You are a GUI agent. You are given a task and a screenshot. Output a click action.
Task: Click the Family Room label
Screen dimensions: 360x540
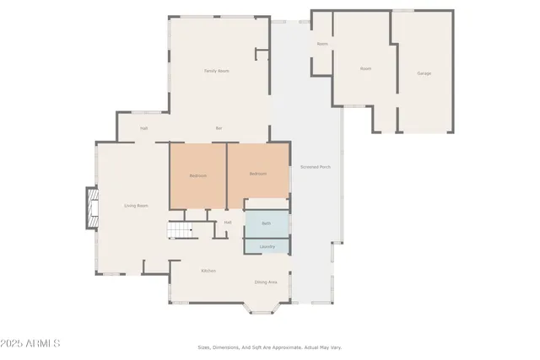pos(217,71)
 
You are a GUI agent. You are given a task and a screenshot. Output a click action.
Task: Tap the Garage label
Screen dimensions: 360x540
pos(424,73)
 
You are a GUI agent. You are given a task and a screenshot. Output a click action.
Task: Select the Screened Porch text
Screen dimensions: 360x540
pos(316,167)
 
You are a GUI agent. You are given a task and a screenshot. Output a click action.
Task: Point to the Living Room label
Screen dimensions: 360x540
pos(136,206)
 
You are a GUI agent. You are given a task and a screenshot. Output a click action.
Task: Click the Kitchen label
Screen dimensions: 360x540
pos(208,271)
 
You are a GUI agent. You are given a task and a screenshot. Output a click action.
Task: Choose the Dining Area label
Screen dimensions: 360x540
pos(266,282)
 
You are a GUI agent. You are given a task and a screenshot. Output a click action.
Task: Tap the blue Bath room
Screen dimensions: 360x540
pos(267,223)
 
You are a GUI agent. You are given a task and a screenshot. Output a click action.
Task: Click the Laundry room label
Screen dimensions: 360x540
pos(267,246)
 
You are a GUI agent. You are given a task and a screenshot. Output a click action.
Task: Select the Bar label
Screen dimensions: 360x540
pos(219,128)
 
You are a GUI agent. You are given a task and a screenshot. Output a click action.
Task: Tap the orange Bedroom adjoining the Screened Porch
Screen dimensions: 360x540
pos(257,174)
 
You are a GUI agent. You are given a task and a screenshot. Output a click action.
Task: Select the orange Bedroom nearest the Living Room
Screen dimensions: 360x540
pos(197,175)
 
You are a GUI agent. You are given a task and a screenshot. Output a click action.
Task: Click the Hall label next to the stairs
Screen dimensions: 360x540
pos(228,223)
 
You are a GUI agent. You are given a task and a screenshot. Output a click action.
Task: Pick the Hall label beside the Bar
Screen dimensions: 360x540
pos(144,128)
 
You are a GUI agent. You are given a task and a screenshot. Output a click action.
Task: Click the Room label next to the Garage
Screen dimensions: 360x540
pos(365,68)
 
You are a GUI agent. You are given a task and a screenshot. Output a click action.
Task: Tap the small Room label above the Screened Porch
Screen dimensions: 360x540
pos(322,43)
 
